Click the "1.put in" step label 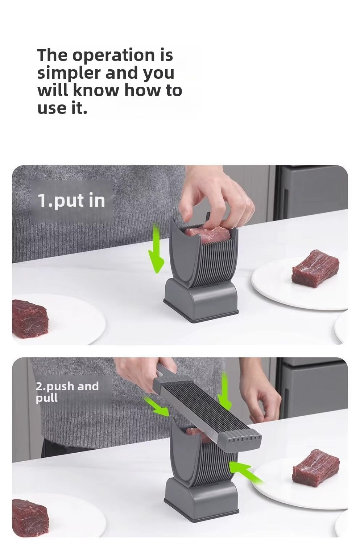[71, 201]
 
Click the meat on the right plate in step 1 [315, 269]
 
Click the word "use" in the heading [52, 108]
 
